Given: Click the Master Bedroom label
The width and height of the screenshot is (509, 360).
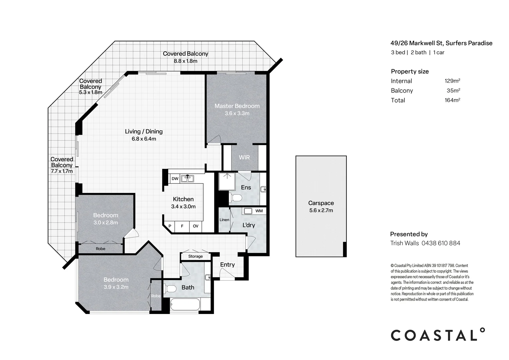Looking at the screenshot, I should tap(237, 106).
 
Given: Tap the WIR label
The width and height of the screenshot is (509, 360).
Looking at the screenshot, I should tap(244, 157).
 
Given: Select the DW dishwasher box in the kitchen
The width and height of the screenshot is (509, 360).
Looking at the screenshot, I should tap(175, 179).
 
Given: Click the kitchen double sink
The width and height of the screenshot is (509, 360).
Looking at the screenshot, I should tap(188, 178).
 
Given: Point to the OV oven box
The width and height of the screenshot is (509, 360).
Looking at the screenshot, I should tap(196, 226).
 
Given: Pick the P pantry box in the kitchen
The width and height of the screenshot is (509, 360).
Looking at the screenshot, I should tap(170, 226).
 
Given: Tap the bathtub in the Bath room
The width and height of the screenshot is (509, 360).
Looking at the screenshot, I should tap(185, 305).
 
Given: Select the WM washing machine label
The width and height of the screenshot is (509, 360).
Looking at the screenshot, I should tap(259, 211).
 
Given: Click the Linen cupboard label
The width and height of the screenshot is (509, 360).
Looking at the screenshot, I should tap(224, 220).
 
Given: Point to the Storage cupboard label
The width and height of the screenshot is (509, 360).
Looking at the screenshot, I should tap(196, 256).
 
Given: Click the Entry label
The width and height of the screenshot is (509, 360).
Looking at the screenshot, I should tap(228, 265).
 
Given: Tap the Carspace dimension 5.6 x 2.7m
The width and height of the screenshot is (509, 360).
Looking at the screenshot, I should tap(321, 210).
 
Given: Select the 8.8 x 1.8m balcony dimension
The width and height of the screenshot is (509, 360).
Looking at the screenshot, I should tap(186, 61).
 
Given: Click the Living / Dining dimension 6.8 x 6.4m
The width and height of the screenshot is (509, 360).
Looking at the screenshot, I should tap(144, 139).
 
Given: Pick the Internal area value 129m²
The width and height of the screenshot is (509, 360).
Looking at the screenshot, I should tap(452, 81).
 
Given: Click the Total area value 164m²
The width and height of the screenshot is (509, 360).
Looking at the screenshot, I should tap(452, 100).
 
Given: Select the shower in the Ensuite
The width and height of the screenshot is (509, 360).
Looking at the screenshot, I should tap(227, 181).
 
